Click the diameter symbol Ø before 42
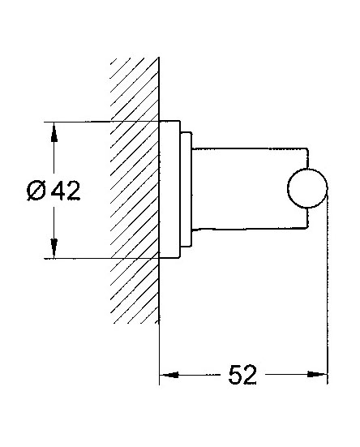tap(36, 191)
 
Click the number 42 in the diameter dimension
tap(66, 191)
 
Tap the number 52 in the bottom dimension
tap(242, 375)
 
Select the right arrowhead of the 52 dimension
tap(317, 374)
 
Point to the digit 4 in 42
tap(58, 191)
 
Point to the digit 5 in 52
tap(234, 375)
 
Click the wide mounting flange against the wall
tap(169, 190)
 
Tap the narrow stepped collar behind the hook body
tap(186, 189)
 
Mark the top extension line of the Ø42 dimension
tap(101, 122)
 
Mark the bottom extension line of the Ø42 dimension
tap(101, 258)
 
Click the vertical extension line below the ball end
tap(328, 285)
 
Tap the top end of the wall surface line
tap(159, 58)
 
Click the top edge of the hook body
tap(249, 148)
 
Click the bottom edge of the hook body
tap(250, 228)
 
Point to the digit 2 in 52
tap(250, 375)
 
